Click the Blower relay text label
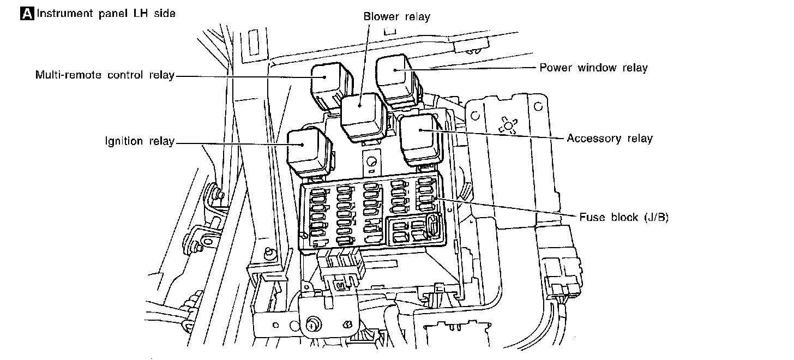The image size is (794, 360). [x=396, y=16]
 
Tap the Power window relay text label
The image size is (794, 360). [x=593, y=68]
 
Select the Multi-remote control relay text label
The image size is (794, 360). [x=105, y=75]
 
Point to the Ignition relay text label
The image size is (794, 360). [x=140, y=142]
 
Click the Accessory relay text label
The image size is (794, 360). [x=609, y=139]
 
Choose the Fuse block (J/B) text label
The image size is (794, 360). [x=624, y=217]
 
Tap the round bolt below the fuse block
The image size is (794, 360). [x=312, y=324]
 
